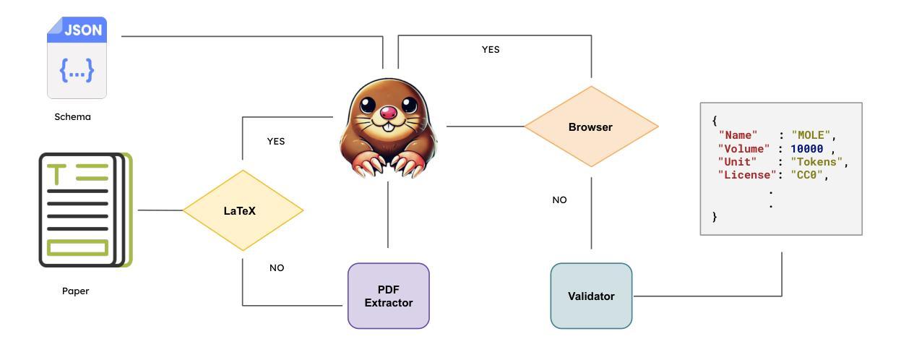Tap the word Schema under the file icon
72,116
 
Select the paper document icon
85,210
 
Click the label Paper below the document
75,291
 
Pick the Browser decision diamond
590,127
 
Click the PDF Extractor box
389,296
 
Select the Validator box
591,296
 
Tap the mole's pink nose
388,114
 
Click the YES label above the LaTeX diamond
276,142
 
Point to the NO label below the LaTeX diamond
277,268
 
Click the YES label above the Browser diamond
491,50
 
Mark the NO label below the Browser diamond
559,200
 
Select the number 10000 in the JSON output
806,149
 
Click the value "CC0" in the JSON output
806,175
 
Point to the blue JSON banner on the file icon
83,30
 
